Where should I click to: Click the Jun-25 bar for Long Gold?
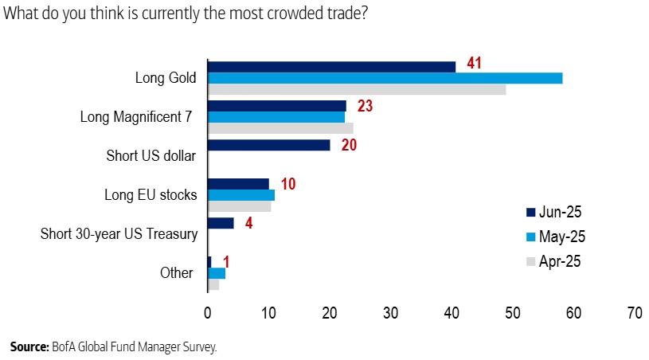tap(331, 67)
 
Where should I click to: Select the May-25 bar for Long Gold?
tap(385, 78)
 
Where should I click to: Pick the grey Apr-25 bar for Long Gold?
tap(357, 89)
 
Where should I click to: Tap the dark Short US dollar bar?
tap(268, 145)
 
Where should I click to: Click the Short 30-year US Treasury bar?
tap(221, 223)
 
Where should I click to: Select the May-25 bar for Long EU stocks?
tap(241, 195)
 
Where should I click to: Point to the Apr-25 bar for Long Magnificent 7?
tap(280, 127)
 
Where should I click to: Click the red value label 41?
tap(475, 64)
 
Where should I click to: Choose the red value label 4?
tap(249, 222)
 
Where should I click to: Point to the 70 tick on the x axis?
tap(634, 315)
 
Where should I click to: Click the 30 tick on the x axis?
tap(390, 315)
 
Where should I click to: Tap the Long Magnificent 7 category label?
tap(136, 117)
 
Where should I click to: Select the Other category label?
tap(176, 273)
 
